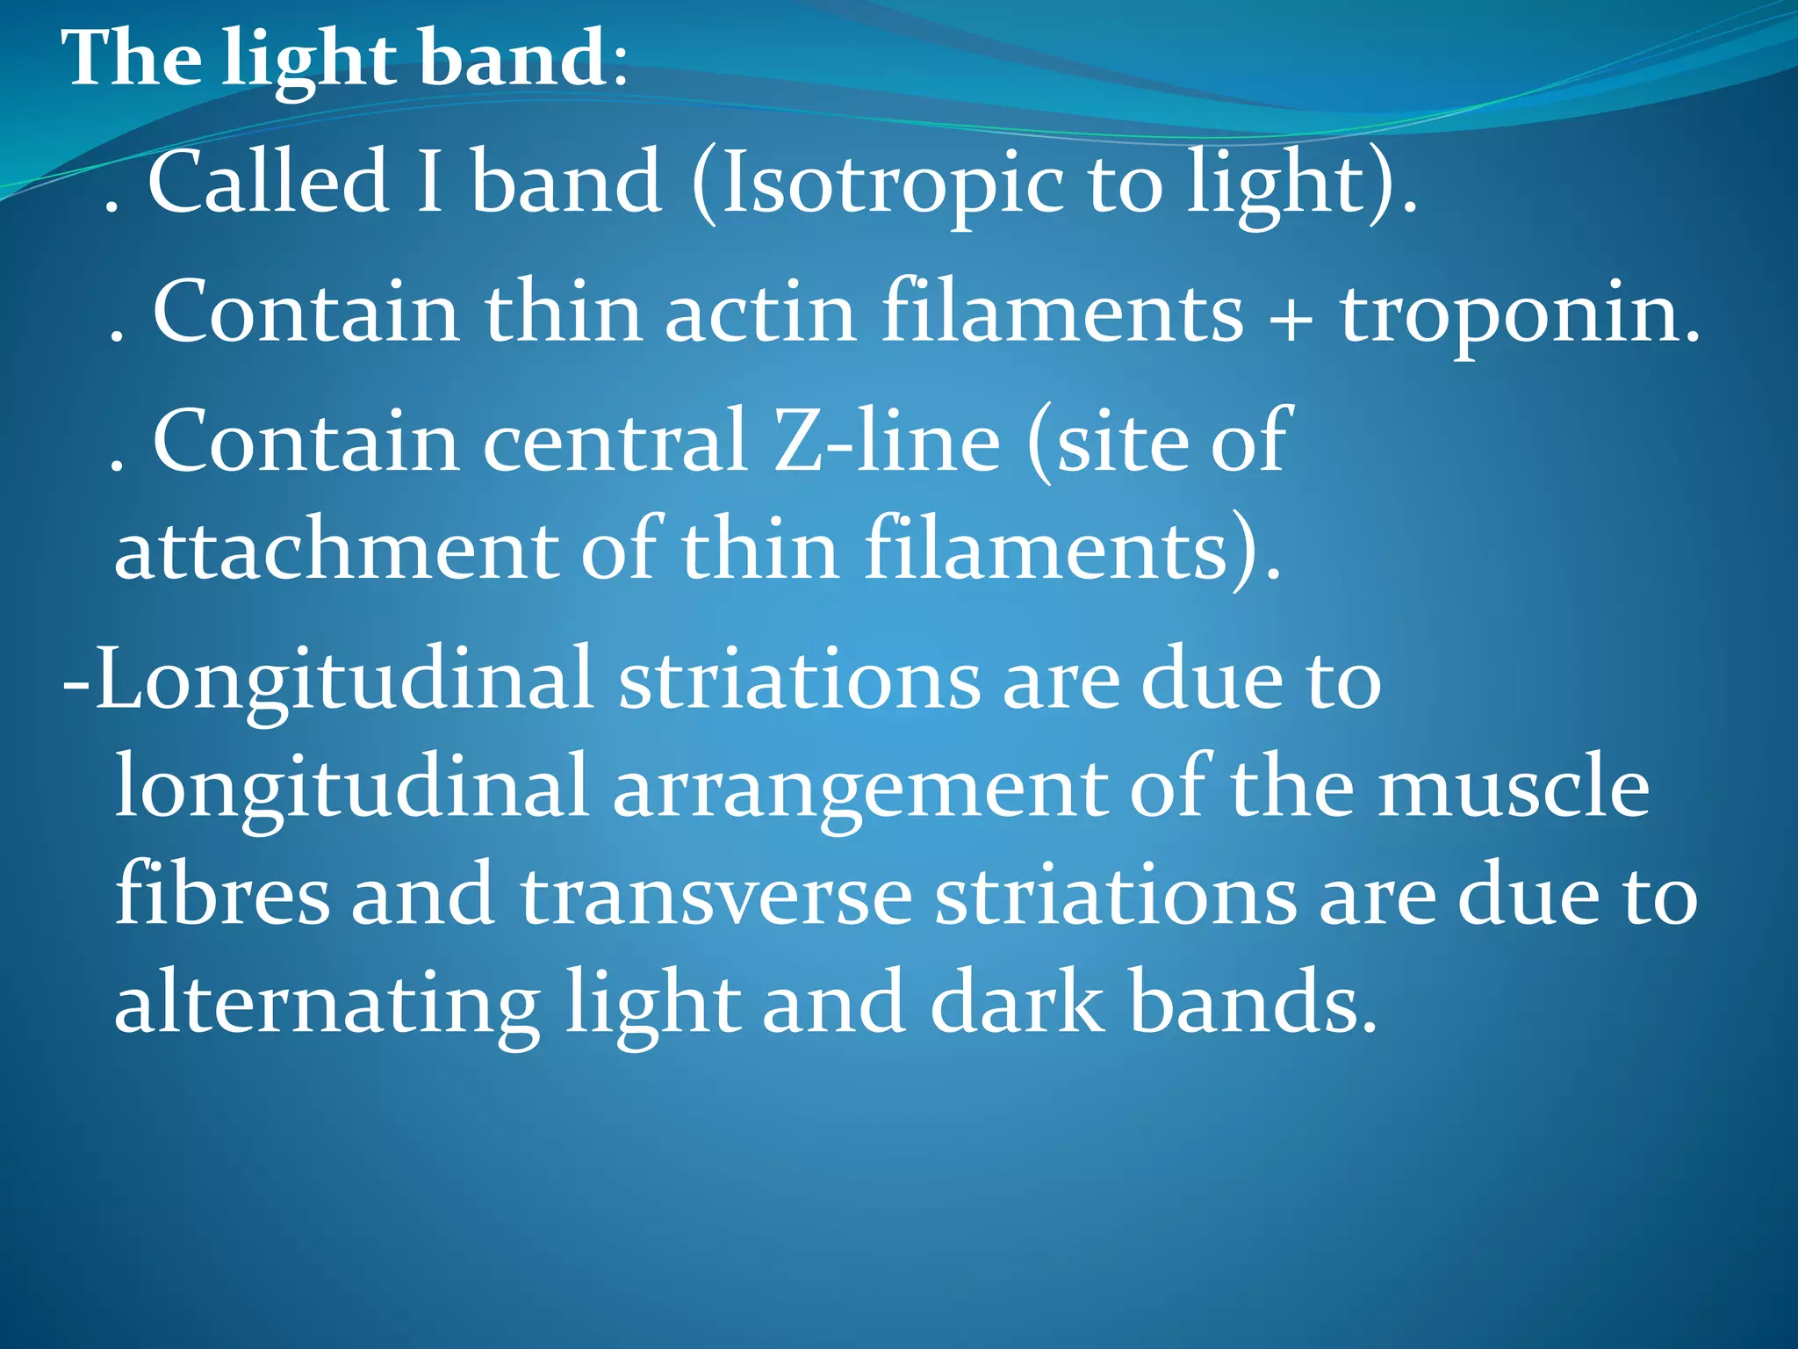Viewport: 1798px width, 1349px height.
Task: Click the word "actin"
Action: coord(760,312)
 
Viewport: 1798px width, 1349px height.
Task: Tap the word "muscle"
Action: coord(1514,787)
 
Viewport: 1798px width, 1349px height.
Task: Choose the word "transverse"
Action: coord(716,896)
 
